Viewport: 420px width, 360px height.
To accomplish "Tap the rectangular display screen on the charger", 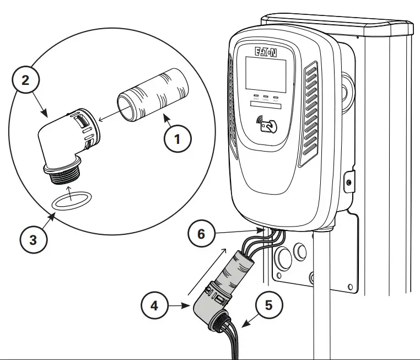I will click(266, 75).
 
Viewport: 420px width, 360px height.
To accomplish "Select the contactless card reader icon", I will click(268, 126).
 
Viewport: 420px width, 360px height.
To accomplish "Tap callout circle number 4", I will click(155, 304).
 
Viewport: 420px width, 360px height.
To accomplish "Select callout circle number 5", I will click(268, 304).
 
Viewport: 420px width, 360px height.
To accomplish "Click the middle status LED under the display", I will click(265, 97).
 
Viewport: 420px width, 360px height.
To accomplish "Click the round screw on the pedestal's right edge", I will click(349, 182).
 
